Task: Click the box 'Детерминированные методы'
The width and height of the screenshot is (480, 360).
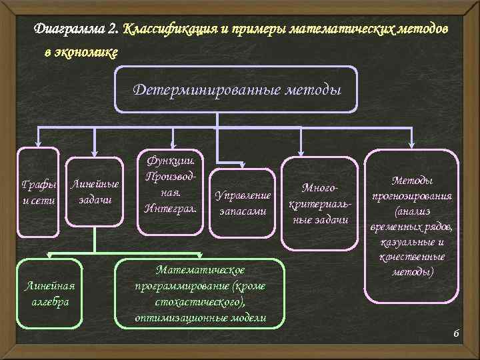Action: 237,89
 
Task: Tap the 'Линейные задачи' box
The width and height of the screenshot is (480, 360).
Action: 95,192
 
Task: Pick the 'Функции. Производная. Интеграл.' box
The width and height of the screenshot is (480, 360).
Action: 171,191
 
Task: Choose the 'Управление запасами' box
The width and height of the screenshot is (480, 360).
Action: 242,203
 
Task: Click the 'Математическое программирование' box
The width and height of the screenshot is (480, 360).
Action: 200,293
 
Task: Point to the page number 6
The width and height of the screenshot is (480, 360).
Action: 457,333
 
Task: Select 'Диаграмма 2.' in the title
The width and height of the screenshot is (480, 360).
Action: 77,30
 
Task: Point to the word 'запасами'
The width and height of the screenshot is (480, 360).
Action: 243,211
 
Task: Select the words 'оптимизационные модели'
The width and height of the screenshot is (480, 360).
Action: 200,318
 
